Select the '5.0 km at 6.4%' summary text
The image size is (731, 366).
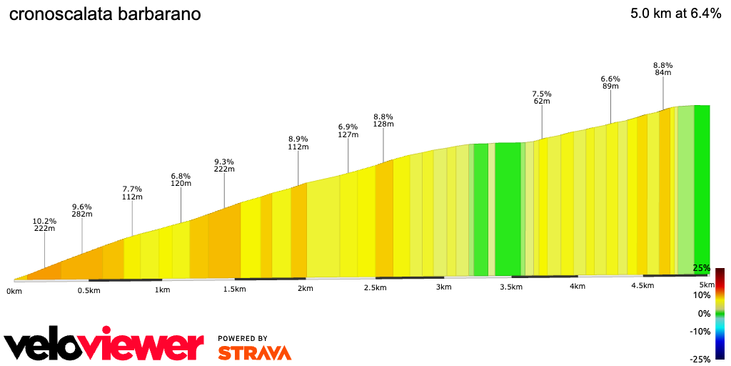coord(675,14)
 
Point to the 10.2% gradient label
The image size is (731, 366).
coord(44,222)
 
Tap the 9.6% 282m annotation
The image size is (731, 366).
coord(82,210)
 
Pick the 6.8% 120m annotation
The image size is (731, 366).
coord(181,179)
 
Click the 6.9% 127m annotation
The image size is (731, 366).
coord(348,131)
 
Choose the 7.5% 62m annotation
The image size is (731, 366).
coord(542,97)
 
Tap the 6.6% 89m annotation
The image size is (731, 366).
coord(610,82)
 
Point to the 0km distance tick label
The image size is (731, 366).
coord(14,291)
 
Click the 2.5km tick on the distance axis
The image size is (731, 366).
coord(375,288)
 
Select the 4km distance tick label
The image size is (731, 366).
coord(578,287)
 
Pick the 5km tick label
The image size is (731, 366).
coord(702,285)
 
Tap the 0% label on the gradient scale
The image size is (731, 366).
coord(705,314)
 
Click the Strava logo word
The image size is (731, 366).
coord(254,353)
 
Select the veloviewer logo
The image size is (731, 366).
coord(104,345)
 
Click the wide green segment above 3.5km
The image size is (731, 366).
coord(508,209)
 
